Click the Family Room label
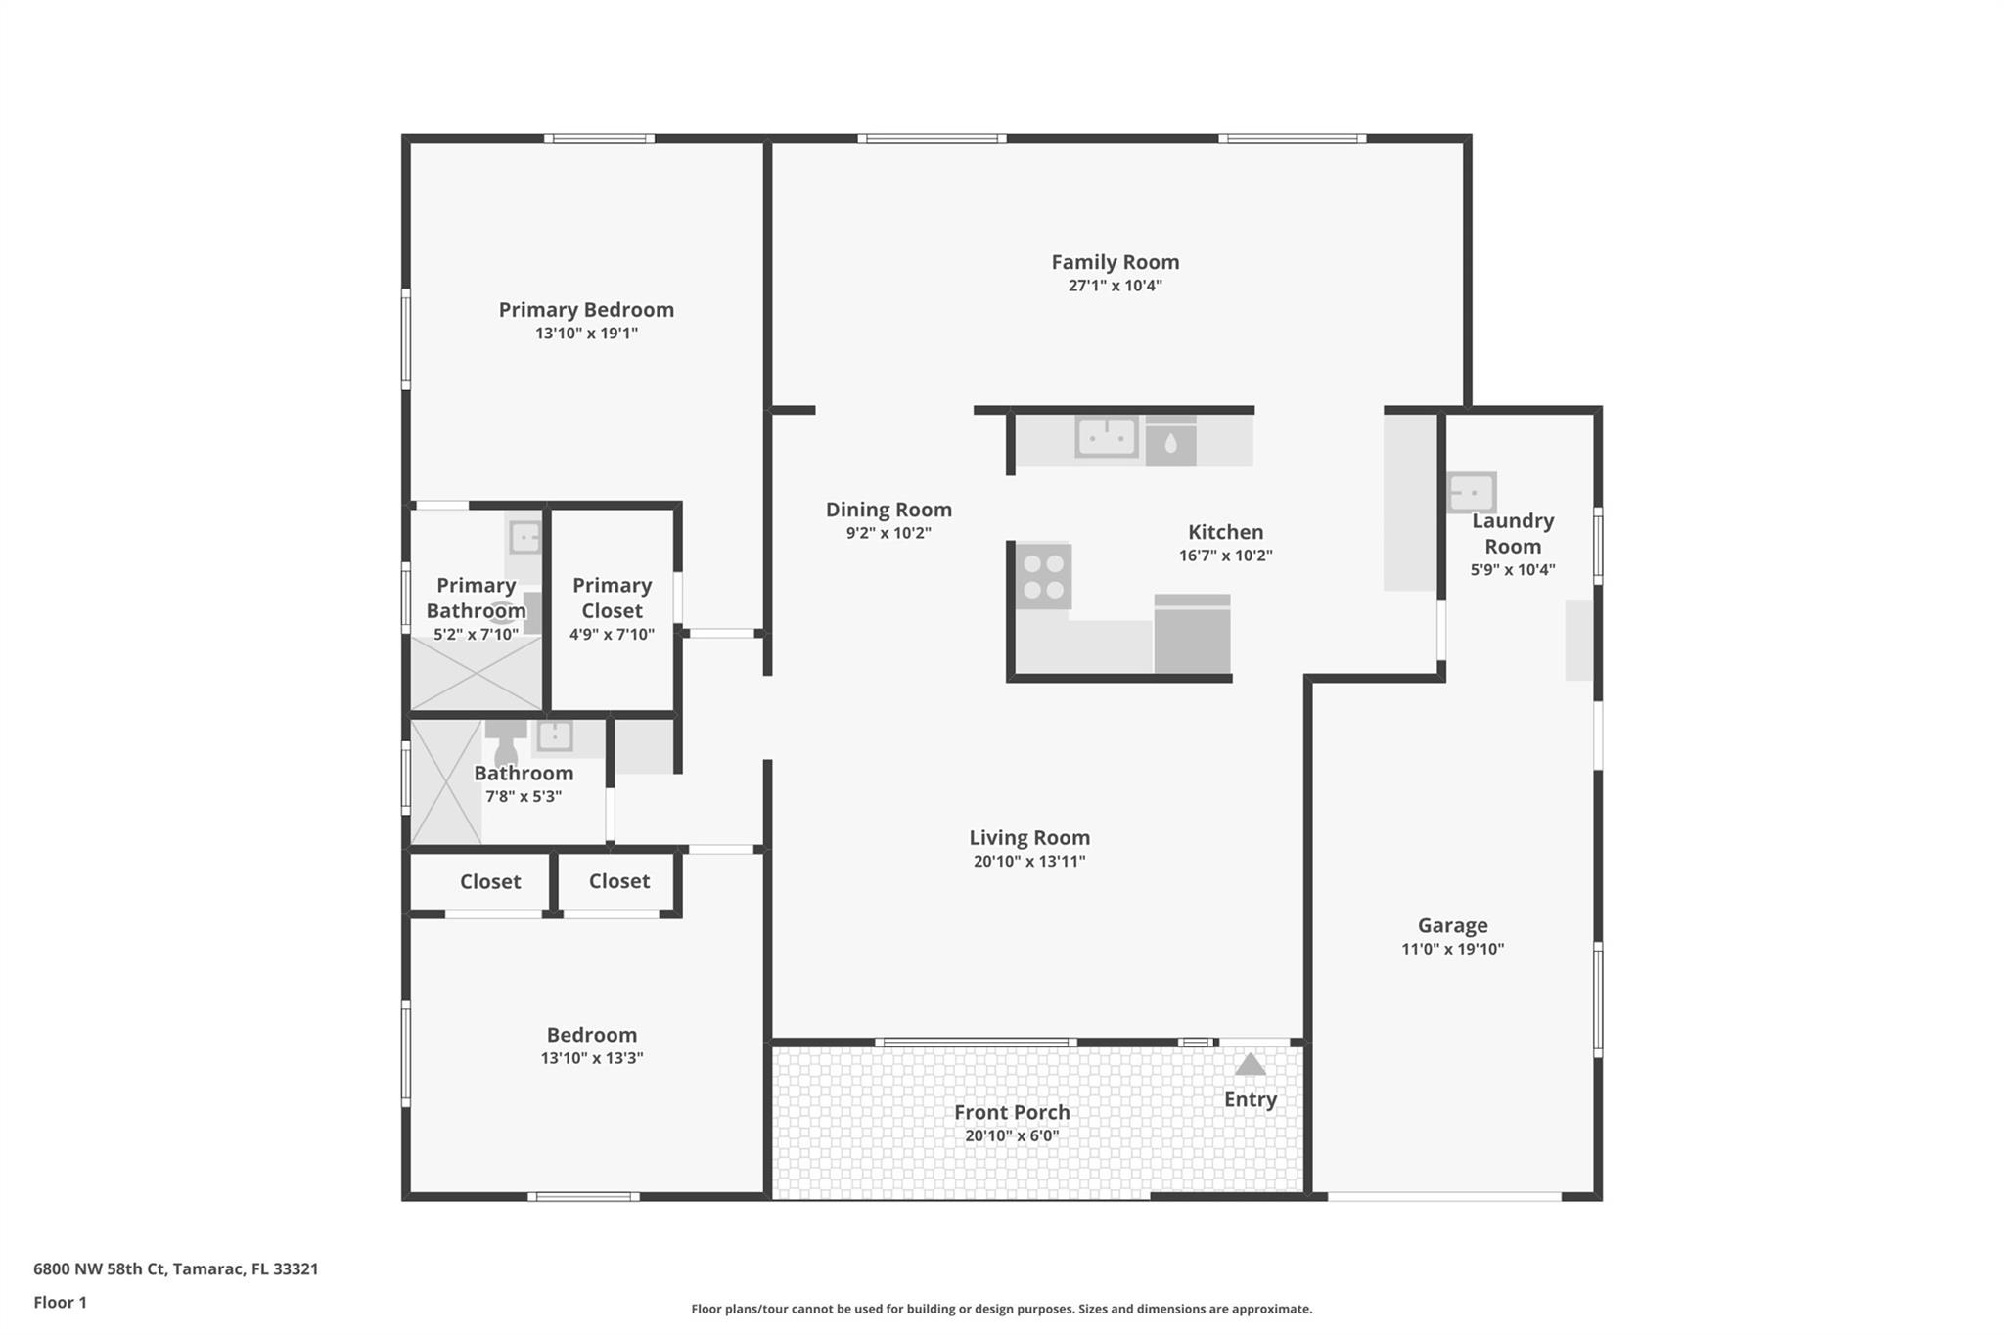1115,262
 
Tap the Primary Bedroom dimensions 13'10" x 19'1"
586,334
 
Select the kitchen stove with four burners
1043,577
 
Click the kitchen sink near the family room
1107,437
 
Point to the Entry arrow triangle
1250,1064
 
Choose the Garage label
1452,925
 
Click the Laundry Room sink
1472,493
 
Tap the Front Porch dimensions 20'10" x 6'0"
1012,1136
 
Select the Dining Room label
888,510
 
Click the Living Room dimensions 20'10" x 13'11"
1029,862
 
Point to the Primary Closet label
612,598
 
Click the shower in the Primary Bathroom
476,673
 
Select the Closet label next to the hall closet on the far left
490,882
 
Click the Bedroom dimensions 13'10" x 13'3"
592,1058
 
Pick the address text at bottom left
176,1269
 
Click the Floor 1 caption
61,1303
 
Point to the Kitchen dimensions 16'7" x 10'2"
1225,556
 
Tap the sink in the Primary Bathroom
524,537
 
